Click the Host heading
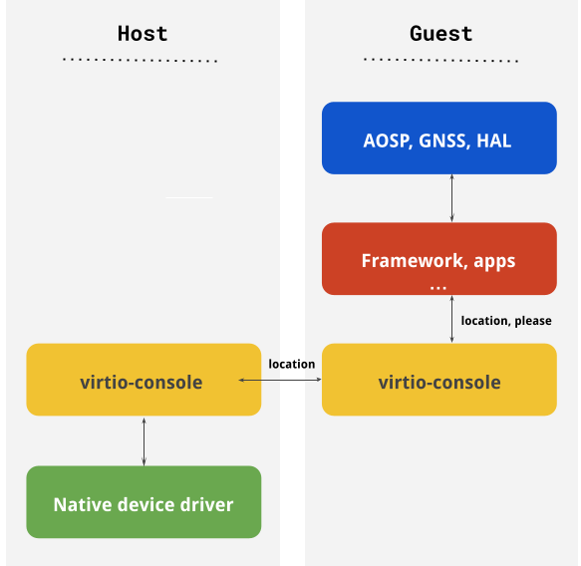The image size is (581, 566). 143,33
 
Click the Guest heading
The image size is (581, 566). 440,33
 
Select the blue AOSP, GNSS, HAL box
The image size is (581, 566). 438,139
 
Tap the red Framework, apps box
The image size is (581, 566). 438,259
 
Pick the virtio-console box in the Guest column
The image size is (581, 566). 438,381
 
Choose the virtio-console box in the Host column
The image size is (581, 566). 143,381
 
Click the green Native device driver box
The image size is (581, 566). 143,503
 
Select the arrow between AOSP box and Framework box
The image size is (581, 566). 452,198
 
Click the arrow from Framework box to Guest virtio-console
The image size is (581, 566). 452,319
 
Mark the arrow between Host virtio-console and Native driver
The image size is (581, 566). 144,440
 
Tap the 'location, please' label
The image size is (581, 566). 506,321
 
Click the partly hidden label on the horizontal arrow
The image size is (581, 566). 292,364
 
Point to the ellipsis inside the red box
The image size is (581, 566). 437,286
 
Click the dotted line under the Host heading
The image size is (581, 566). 140,61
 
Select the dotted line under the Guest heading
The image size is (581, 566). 440,61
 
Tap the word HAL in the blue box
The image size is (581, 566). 494,141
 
